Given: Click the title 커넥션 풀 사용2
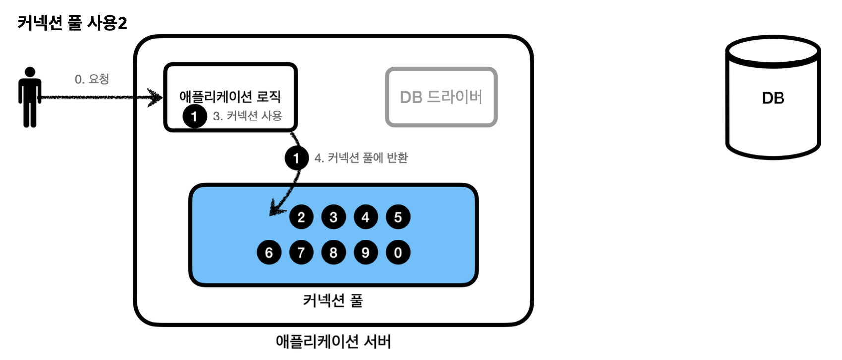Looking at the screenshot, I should point(72,23).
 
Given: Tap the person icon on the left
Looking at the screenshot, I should point(30,98).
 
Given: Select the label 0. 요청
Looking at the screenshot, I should point(92,79).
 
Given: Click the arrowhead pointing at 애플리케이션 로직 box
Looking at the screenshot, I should point(156,97).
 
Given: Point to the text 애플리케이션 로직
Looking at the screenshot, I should point(230,96).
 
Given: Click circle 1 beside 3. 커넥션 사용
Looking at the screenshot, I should point(194,117).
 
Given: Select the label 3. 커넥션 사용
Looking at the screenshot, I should point(247,116).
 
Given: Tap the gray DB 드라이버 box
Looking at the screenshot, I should point(441,97).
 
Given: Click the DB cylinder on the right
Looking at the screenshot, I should point(773,98).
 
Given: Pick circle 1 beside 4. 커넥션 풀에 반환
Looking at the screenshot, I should point(297,158).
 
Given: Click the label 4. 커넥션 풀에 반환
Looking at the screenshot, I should point(361,158).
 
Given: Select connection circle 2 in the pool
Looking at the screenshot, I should point(301,217).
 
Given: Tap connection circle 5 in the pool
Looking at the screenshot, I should point(398,217).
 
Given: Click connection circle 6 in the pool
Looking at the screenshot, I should point(269,253).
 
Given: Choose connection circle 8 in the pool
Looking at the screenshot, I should point(333,253).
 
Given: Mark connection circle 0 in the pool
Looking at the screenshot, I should point(398,253).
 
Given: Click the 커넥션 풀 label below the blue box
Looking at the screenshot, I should point(333,300).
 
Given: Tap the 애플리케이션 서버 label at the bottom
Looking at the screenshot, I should point(333,342).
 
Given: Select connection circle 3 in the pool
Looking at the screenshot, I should point(333,217).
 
